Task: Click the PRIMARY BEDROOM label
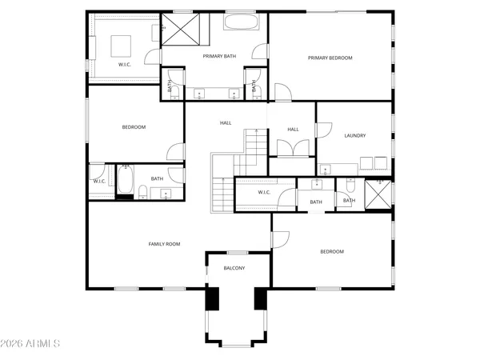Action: (330, 58)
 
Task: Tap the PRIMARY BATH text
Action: (218, 56)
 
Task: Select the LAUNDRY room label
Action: (354, 135)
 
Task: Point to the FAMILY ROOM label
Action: (164, 243)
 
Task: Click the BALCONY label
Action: (234, 268)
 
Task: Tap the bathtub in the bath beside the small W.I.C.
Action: (125, 181)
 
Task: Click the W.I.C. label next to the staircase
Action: (266, 192)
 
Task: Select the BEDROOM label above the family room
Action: (134, 126)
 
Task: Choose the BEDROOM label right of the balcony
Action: (331, 251)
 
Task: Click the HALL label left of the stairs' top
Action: (226, 122)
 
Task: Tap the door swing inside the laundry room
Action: (323, 129)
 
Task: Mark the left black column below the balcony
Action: (213, 298)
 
